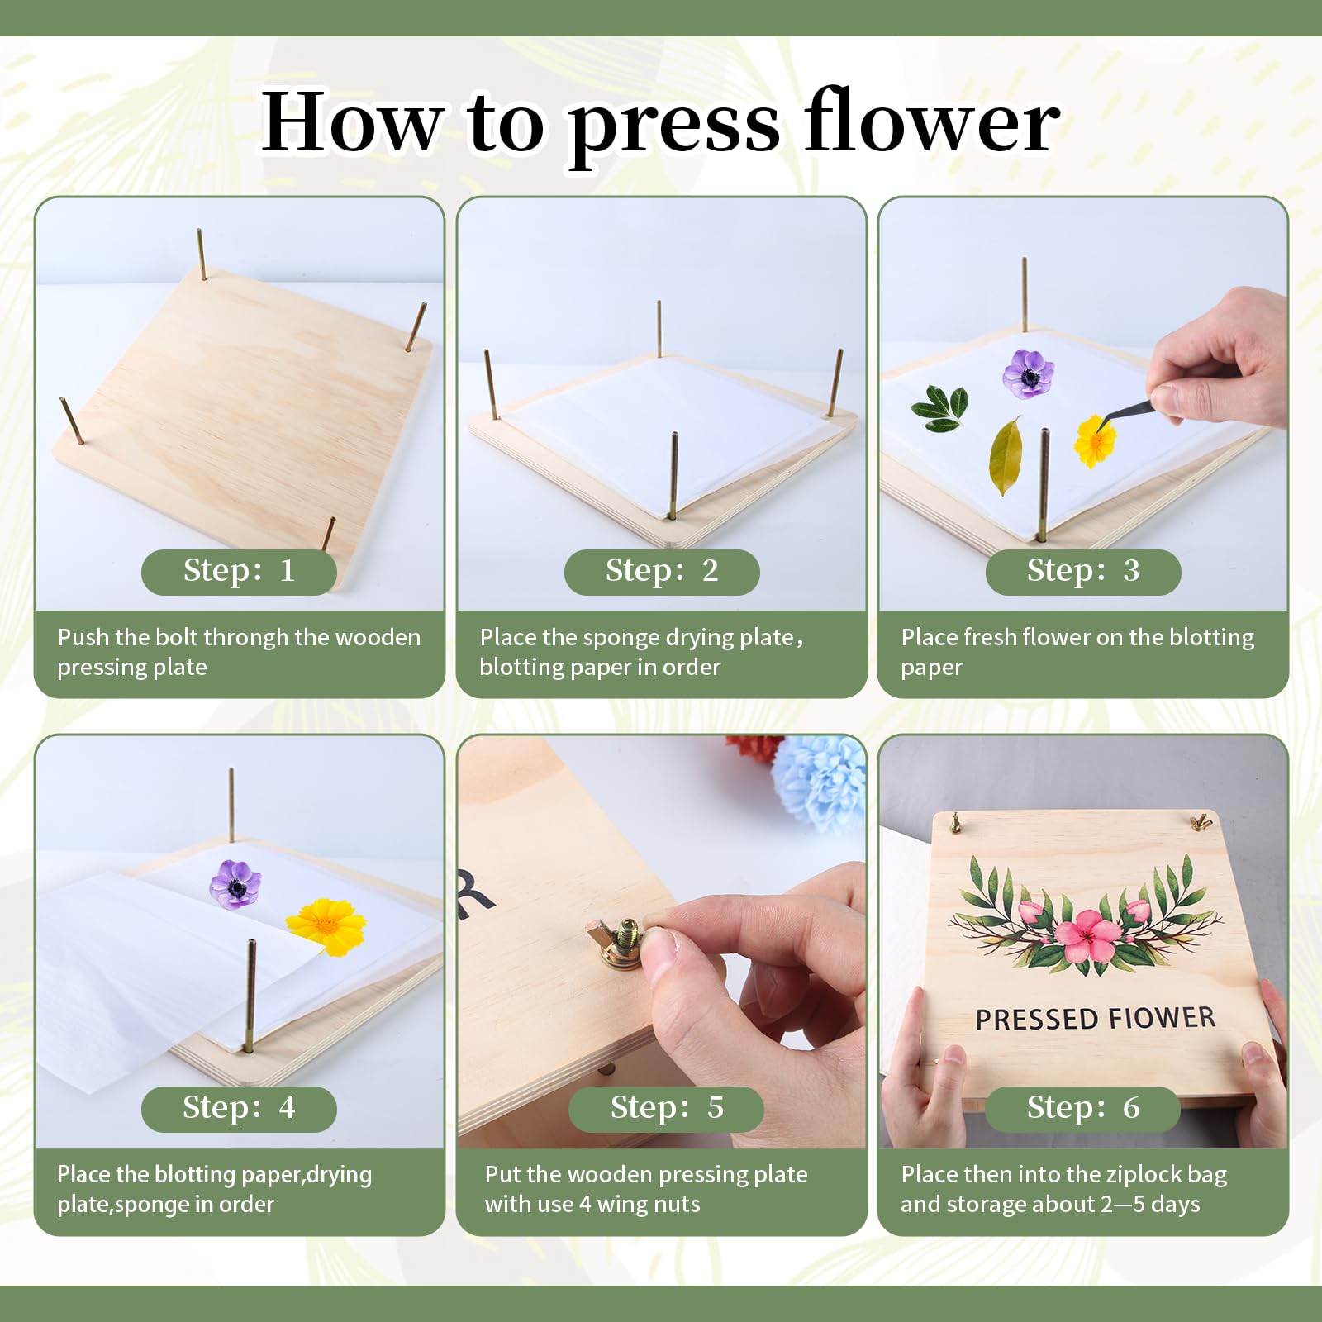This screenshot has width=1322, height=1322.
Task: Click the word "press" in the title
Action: [x=674, y=126]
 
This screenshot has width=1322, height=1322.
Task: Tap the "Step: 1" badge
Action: [x=239, y=572]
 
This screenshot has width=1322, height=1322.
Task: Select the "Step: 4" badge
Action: [x=239, y=1109]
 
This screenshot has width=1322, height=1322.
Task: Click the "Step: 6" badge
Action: [x=1082, y=1109]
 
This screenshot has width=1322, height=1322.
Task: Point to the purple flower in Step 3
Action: [x=1028, y=373]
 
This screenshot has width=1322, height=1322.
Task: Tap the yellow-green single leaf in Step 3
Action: [x=1006, y=456]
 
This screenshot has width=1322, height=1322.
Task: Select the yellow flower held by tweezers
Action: [x=1096, y=442]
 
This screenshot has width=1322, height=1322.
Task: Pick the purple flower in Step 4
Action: [x=235, y=883]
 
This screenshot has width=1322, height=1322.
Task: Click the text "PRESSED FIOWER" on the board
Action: [x=1096, y=1019]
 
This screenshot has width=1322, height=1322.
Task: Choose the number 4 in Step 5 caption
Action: [x=585, y=1205]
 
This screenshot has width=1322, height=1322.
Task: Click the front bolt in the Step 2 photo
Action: [x=674, y=475]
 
